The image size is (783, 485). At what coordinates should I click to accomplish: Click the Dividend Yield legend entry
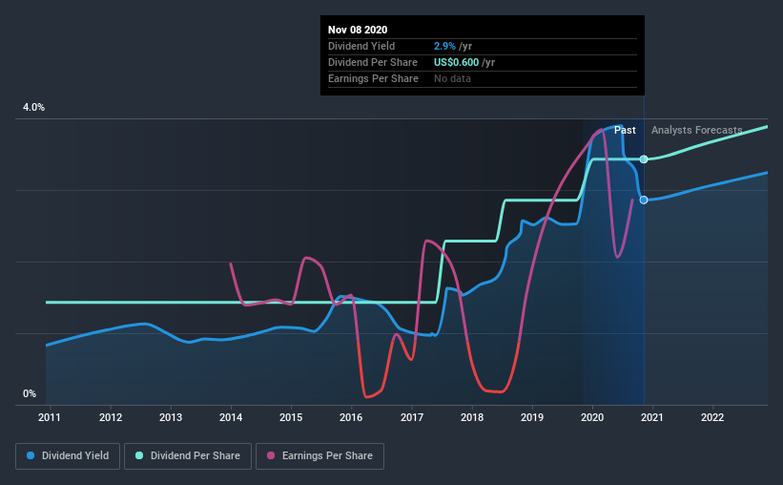tap(68, 456)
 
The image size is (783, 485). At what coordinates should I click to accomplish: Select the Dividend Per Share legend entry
tap(194, 456)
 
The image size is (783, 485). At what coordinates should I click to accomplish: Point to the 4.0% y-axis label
tap(33, 108)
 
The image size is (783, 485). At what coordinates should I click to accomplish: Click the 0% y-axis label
tap(30, 393)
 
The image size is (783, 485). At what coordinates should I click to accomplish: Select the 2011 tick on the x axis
tap(50, 417)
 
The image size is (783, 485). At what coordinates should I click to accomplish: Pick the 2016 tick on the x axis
tap(352, 417)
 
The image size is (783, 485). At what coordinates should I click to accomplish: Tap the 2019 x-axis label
tap(532, 417)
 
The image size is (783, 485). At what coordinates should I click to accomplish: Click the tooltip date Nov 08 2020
tap(358, 31)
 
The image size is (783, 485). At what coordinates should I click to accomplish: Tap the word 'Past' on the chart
tap(625, 130)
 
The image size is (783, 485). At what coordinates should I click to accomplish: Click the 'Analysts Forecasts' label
tap(696, 130)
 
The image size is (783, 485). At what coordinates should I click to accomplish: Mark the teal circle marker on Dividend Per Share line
tap(644, 158)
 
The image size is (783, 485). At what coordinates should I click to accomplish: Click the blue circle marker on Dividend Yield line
tap(644, 200)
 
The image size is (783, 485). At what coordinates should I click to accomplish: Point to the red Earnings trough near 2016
tap(367, 395)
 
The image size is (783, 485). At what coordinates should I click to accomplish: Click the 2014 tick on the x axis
tap(231, 417)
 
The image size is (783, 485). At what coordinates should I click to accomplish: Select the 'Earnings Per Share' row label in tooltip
tap(373, 78)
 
